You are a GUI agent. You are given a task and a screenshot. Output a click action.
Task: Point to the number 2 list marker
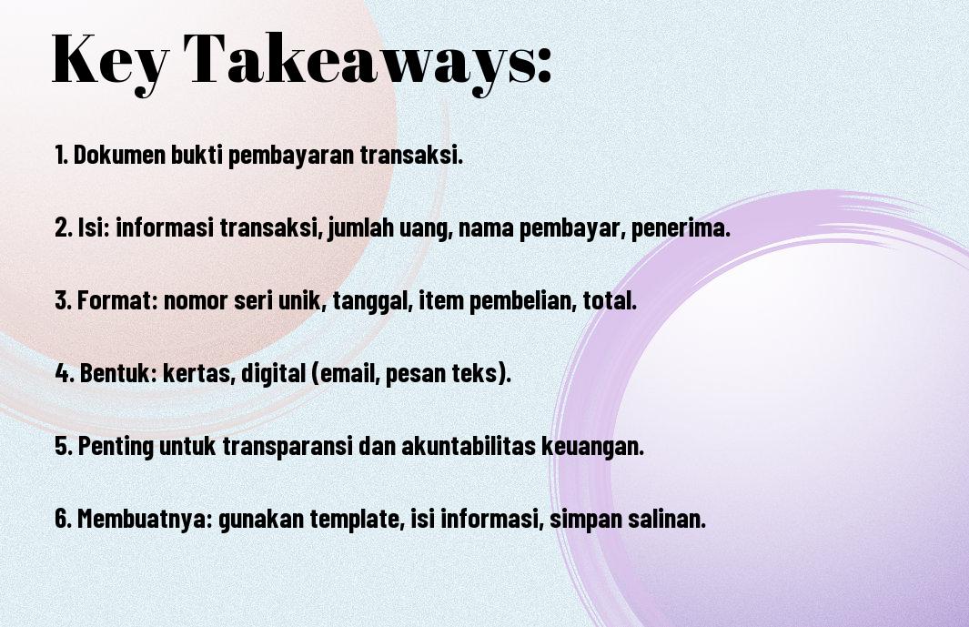click(x=64, y=228)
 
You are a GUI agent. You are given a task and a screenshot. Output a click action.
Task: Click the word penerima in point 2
click(x=681, y=228)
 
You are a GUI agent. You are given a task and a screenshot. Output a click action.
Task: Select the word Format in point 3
click(x=117, y=300)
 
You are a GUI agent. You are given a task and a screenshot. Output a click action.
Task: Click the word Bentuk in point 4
click(x=118, y=373)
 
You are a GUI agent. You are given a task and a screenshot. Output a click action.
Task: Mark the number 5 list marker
click(x=64, y=445)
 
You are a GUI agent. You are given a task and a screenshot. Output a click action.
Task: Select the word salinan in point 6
click(x=667, y=518)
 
